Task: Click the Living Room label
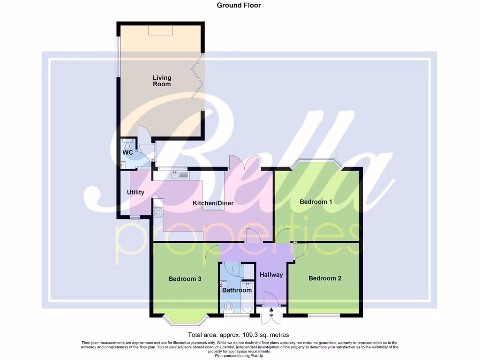(162, 81)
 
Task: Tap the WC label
(128, 153)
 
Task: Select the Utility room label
(135, 192)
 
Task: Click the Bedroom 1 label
(316, 202)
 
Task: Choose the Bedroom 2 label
(325, 278)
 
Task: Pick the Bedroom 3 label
(185, 279)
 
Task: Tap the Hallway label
(271, 275)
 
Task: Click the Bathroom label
(237, 290)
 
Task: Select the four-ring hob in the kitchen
(157, 212)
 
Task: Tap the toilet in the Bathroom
(228, 307)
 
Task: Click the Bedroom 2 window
(323, 315)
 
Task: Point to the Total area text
(238, 335)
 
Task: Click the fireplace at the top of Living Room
(161, 30)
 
